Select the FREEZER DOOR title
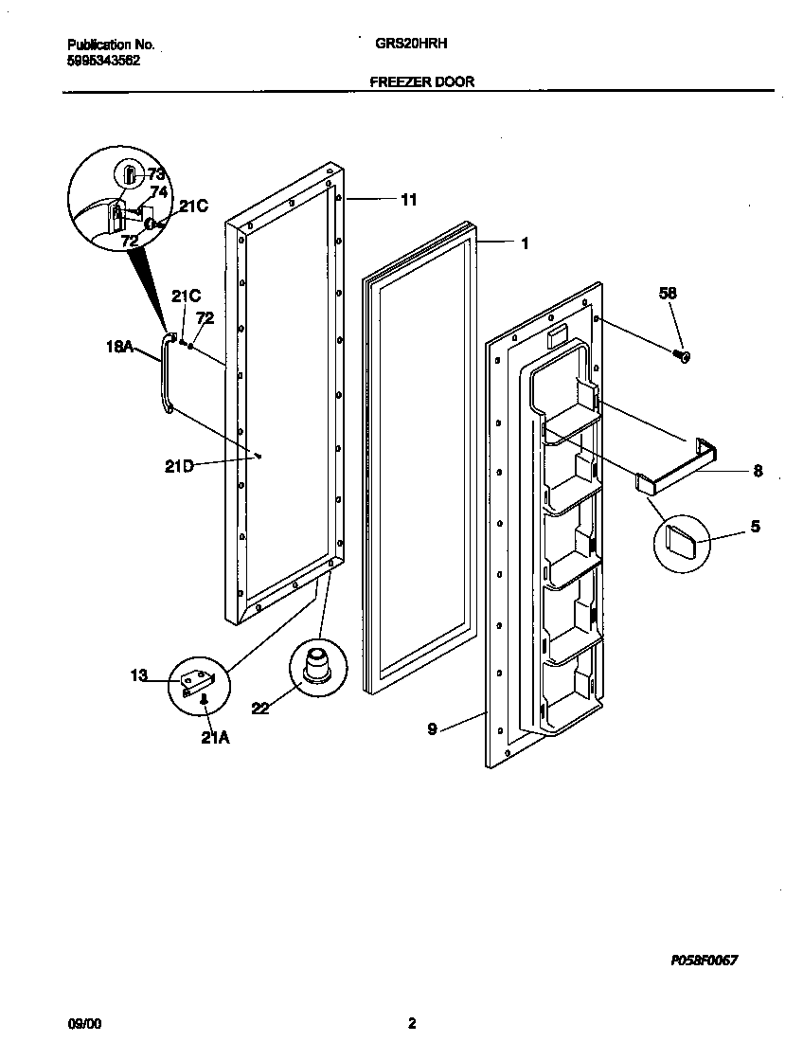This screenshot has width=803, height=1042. click(x=421, y=82)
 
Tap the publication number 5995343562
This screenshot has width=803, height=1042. click(x=103, y=59)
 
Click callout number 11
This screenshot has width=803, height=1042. click(x=408, y=200)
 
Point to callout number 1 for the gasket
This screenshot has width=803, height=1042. click(x=524, y=243)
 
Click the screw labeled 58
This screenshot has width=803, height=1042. click(x=681, y=355)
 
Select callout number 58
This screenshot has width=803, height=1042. click(x=668, y=295)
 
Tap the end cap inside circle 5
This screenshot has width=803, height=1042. click(x=681, y=542)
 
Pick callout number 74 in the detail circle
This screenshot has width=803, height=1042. click(x=158, y=191)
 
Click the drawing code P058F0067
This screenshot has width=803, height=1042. click(x=704, y=960)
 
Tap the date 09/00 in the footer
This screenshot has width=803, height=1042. click(x=84, y=1024)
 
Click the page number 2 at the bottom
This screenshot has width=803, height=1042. click(x=411, y=1023)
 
